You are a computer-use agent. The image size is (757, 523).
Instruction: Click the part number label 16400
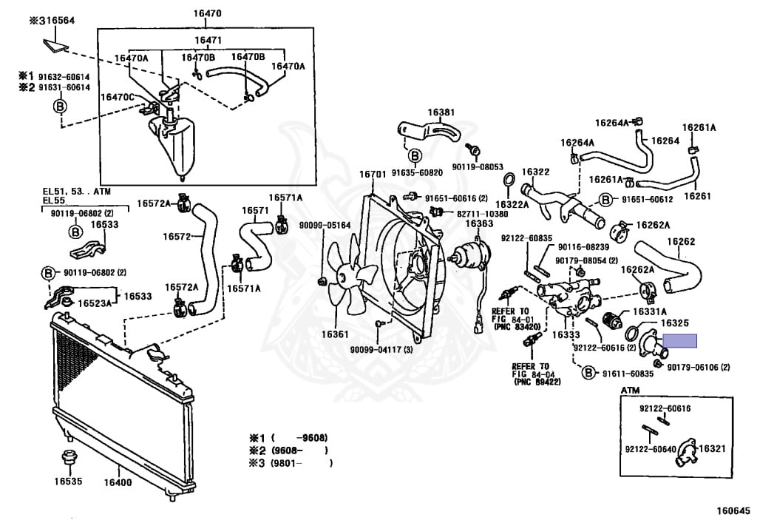(118, 482)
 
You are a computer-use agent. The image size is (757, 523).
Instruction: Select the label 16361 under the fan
(335, 334)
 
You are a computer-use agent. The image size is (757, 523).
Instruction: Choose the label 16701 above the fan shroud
(373, 174)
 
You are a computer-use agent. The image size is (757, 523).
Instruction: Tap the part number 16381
(441, 112)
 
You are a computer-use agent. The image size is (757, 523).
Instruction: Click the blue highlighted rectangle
(680, 341)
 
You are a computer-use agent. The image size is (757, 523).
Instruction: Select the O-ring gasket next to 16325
(633, 333)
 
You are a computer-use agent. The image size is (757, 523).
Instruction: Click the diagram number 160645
(733, 510)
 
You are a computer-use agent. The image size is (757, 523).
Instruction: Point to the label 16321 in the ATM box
(712, 448)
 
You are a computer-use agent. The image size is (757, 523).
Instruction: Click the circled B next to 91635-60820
(414, 155)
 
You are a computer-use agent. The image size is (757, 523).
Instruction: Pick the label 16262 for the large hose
(681, 241)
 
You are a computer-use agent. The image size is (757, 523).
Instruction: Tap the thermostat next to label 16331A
(613, 320)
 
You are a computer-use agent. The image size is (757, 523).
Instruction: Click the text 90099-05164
(325, 225)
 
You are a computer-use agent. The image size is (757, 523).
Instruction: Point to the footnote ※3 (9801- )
(291, 463)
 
